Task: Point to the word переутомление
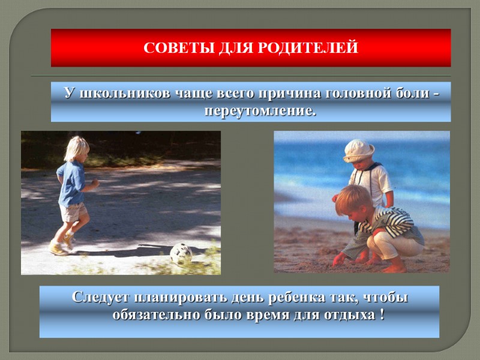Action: [x=260, y=111]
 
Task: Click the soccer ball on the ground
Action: [x=181, y=253]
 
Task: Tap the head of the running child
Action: [x=76, y=148]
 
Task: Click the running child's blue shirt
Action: [x=71, y=182]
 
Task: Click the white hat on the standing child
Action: [x=359, y=149]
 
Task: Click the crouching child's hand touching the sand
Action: [x=340, y=259]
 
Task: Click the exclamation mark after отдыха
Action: [x=382, y=315]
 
